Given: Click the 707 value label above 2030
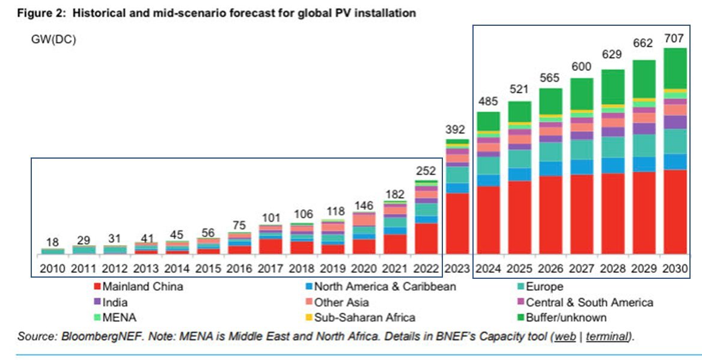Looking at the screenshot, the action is (x=674, y=38).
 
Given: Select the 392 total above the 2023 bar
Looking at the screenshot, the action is (x=456, y=129).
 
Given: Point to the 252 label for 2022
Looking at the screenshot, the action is (x=426, y=171).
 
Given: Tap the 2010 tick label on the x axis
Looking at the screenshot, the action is (x=52, y=269).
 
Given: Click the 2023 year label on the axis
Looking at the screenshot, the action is (x=457, y=269).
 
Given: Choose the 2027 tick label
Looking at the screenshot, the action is (x=582, y=269).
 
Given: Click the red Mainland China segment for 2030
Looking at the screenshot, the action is (x=675, y=212).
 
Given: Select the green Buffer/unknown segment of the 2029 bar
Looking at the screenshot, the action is (x=644, y=79).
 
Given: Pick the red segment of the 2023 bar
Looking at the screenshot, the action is (x=457, y=224).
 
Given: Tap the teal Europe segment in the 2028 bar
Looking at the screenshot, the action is (x=613, y=147).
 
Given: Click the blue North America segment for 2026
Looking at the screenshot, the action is (x=551, y=169).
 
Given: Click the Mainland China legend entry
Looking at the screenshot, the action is (x=138, y=287).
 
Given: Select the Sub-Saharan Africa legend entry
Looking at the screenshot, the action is (x=361, y=317).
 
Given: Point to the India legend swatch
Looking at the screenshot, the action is (x=97, y=302).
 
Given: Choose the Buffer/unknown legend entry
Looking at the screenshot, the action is (x=562, y=317).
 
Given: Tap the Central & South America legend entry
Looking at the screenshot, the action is (x=585, y=302).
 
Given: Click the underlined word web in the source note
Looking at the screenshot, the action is (x=565, y=337).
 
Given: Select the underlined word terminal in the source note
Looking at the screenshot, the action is (x=607, y=337).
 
